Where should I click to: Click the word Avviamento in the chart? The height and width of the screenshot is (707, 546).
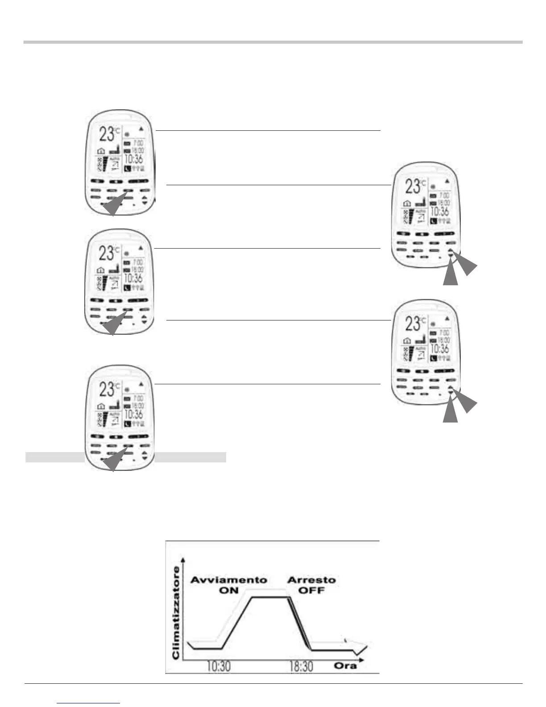[229, 580]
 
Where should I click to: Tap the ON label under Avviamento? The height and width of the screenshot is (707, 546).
[229, 591]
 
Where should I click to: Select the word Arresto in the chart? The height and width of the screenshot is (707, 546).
[311, 580]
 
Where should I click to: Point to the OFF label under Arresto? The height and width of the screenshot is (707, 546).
[311, 591]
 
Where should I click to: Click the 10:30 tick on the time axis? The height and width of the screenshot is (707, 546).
[219, 667]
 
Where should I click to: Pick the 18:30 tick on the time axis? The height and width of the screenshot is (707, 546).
[301, 667]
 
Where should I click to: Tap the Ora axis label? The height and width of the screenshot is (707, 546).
[345, 665]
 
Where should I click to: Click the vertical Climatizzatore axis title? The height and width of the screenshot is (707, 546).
[176, 613]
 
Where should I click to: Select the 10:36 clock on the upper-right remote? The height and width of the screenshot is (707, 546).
[439, 212]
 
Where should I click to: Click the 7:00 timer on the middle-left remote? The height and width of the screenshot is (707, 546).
[138, 262]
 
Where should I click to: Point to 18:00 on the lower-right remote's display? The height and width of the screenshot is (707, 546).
[443, 341]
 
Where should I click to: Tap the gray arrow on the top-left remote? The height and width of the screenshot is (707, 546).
[114, 207]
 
